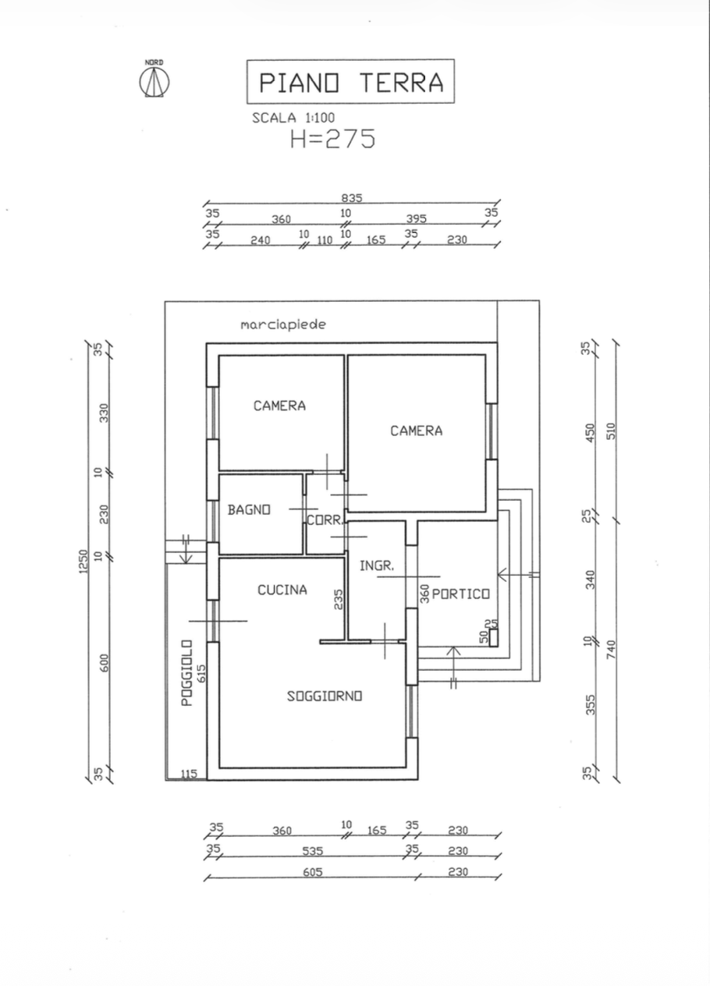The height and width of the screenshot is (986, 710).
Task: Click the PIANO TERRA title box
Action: point(350,81)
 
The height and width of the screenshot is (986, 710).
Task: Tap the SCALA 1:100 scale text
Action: point(293,118)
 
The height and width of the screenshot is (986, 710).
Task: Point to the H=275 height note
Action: point(332,139)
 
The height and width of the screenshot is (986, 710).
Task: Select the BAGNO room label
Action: point(249,509)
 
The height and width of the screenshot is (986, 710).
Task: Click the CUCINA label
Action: point(282,590)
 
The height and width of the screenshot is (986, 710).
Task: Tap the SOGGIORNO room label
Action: point(325,696)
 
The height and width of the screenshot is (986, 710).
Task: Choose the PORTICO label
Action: point(461,594)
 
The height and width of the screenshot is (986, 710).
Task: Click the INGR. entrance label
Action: point(377,566)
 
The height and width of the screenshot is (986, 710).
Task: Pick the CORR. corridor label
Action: point(325,520)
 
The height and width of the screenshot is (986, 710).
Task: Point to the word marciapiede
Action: point(283,325)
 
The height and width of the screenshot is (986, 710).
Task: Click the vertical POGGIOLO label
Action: point(187,673)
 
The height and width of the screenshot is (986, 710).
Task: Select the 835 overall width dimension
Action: point(352,198)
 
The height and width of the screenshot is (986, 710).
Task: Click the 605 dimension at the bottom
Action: point(313,871)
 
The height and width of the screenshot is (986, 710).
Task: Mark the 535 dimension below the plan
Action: point(313,851)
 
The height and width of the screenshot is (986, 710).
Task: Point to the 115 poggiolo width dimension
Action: point(189,773)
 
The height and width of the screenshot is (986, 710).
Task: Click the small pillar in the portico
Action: point(494,638)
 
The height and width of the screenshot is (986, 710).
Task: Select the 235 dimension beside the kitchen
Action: point(338,600)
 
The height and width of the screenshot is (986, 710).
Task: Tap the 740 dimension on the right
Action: point(611,649)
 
